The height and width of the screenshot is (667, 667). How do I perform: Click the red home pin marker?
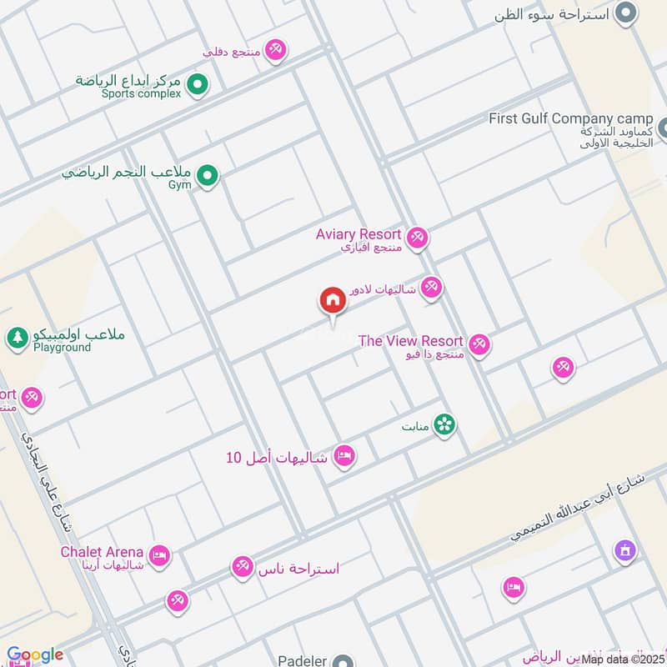click(x=332, y=300)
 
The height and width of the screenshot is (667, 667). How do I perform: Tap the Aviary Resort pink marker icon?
click(x=418, y=238)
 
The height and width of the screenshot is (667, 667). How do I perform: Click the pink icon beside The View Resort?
click(x=479, y=344)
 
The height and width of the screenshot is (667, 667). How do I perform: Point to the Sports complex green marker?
click(x=197, y=83)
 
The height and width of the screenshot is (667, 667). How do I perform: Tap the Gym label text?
click(x=180, y=184)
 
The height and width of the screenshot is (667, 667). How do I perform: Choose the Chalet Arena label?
click(x=102, y=552)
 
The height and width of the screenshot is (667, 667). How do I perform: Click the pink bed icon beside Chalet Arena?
click(x=159, y=554)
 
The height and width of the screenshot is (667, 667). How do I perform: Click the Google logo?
click(x=34, y=655)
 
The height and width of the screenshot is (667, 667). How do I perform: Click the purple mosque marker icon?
click(x=624, y=550)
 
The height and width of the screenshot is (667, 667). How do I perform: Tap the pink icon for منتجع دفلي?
click(x=276, y=50)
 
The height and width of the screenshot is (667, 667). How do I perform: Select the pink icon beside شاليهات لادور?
click(x=430, y=288)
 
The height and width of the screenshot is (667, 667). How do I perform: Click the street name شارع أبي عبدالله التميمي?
click(x=578, y=508)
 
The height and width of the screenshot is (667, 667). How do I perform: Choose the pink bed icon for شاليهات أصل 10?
click(x=344, y=455)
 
